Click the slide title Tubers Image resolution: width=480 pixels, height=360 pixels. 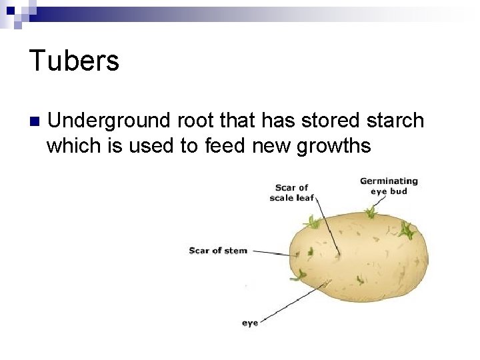(74, 61)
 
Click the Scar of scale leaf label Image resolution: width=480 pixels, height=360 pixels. (291, 192)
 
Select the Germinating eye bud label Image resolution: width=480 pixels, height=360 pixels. (389, 185)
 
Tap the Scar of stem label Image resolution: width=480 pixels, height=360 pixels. (218, 251)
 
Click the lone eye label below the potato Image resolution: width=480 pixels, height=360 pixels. (250, 323)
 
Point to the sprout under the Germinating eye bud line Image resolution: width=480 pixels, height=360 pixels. (371, 213)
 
